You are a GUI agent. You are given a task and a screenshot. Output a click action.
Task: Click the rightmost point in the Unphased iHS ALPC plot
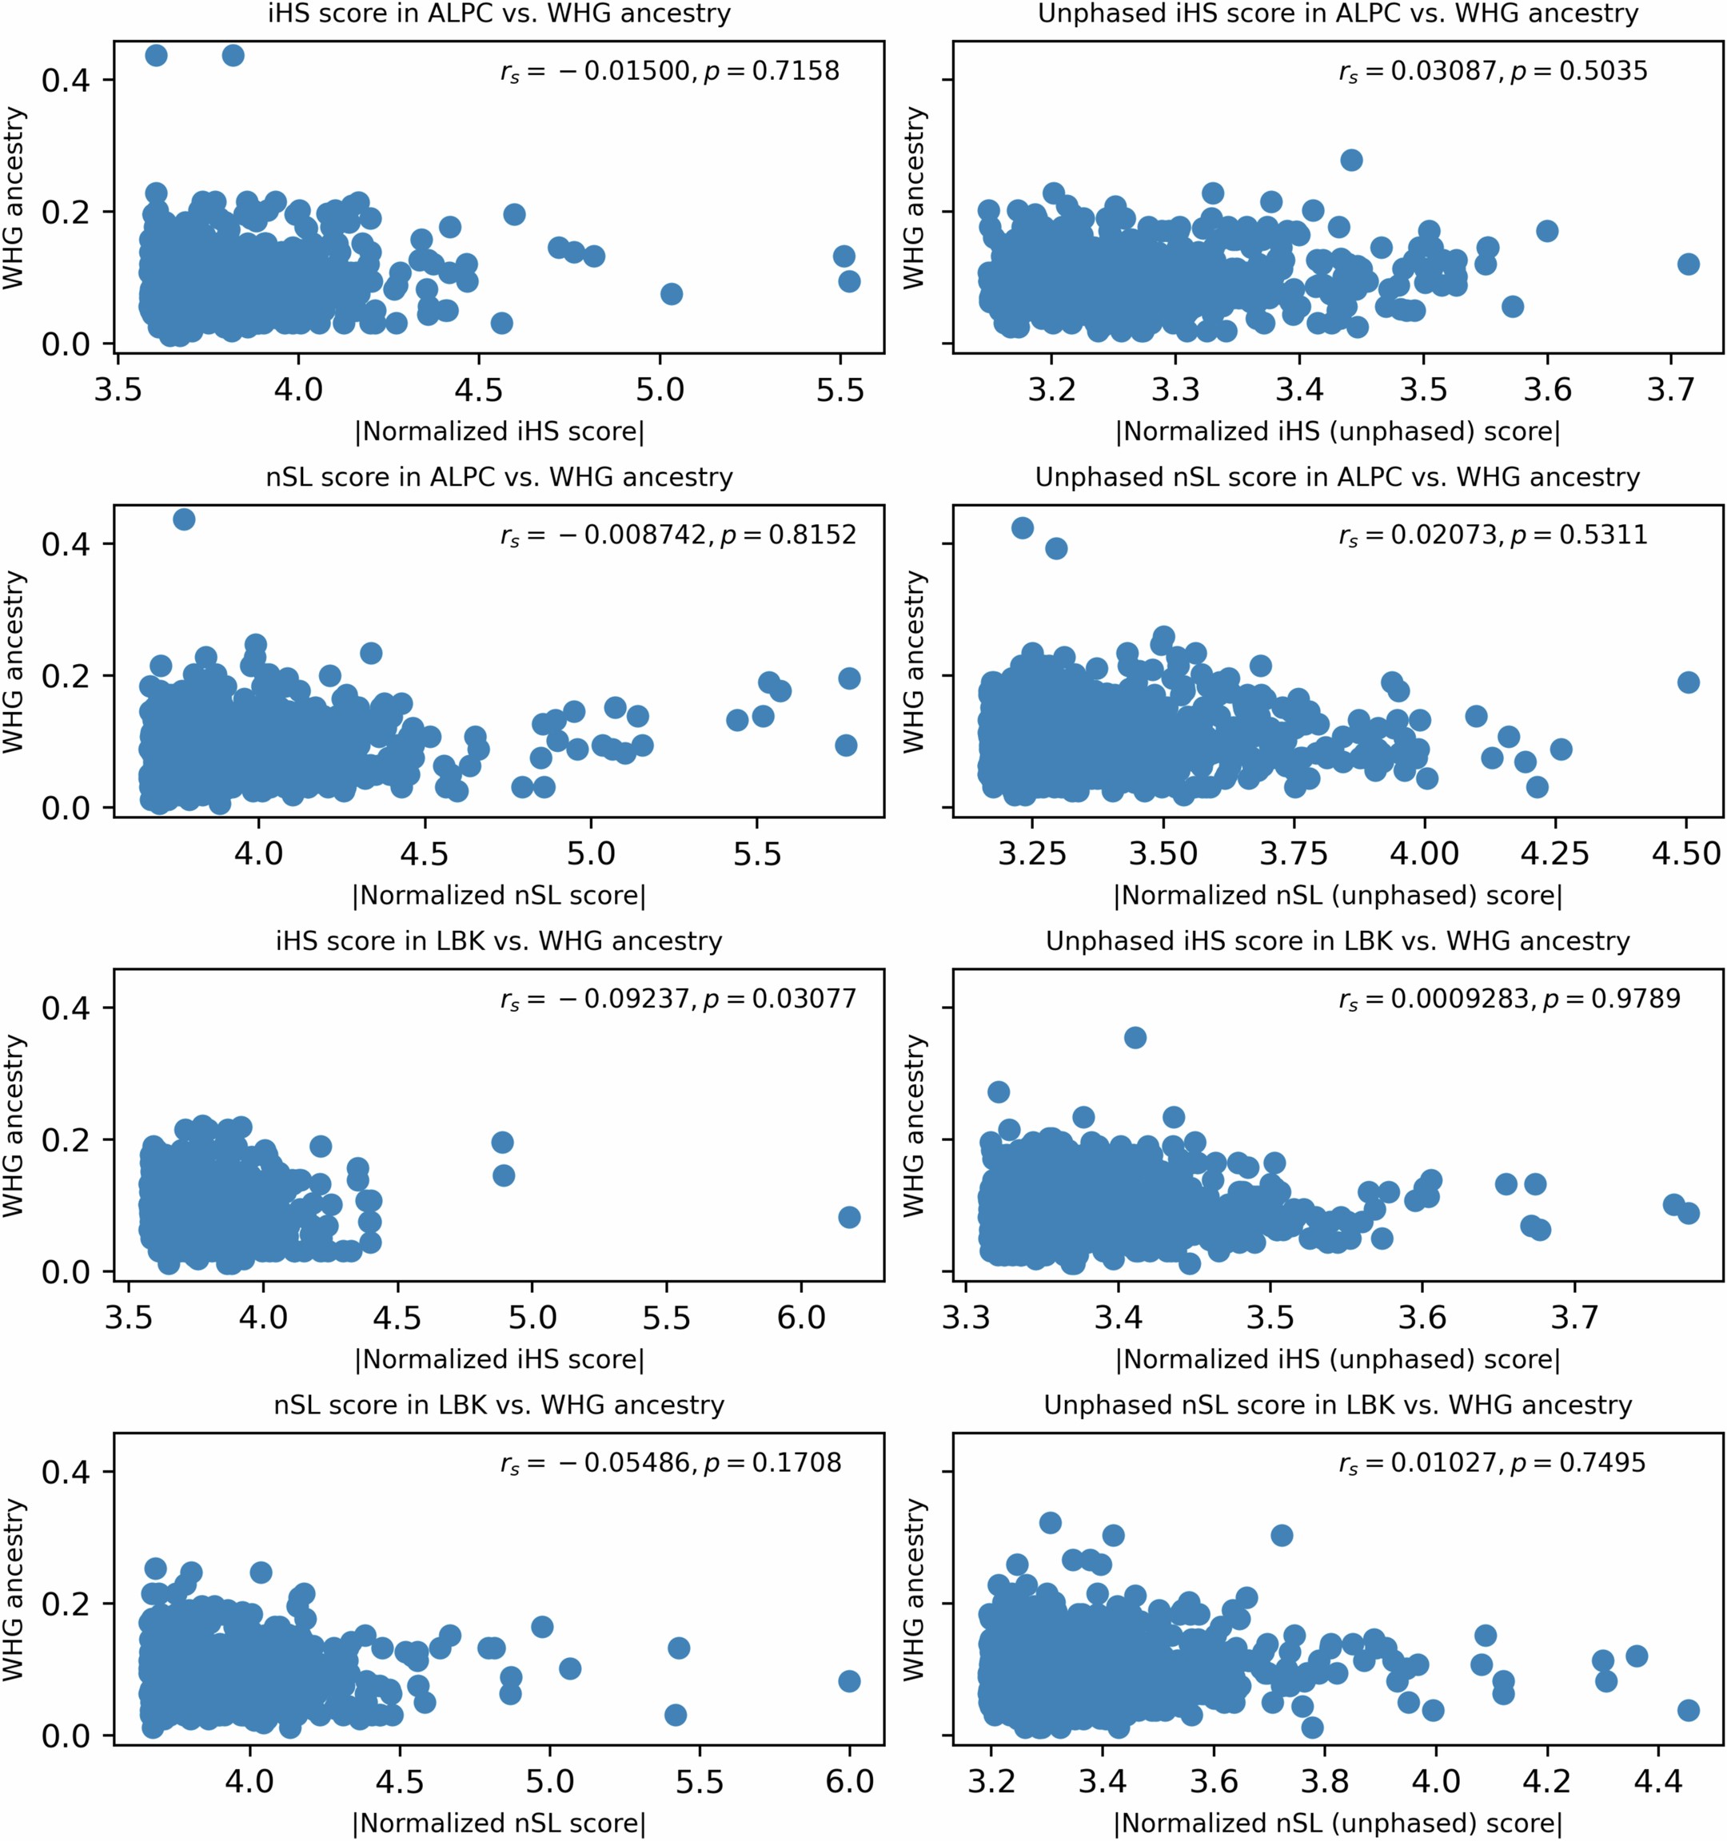pyautogui.click(x=1688, y=264)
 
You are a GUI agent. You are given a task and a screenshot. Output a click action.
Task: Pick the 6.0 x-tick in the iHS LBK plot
pyautogui.click(x=801, y=1317)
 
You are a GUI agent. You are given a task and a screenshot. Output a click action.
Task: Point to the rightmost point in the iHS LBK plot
pyautogui.click(x=848, y=1217)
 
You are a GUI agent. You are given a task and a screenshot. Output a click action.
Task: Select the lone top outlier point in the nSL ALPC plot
pyautogui.click(x=185, y=519)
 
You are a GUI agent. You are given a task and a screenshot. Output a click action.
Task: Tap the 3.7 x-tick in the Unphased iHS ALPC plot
pyautogui.click(x=1670, y=389)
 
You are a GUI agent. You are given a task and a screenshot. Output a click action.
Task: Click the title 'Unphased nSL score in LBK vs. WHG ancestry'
pyautogui.click(x=1337, y=1405)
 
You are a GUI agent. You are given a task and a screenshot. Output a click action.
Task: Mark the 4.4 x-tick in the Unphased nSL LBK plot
pyautogui.click(x=1658, y=1780)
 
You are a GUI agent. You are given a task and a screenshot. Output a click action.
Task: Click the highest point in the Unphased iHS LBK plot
pyautogui.click(x=1135, y=1037)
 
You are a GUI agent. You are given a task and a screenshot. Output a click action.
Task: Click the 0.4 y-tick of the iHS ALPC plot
pyautogui.click(x=65, y=80)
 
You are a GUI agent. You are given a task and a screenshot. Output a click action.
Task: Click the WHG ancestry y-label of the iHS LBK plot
pyautogui.click(x=13, y=1125)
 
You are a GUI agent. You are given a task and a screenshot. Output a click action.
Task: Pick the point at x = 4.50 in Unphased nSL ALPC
pyautogui.click(x=1688, y=682)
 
